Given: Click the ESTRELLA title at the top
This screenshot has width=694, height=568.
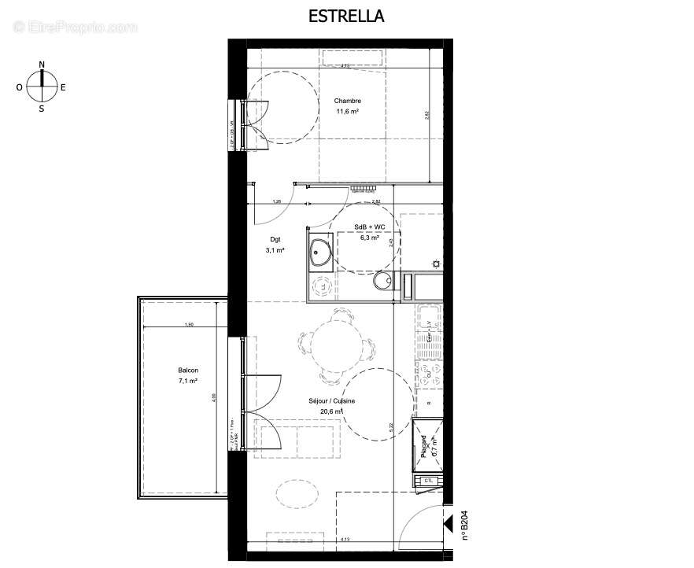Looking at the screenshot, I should coord(347,16).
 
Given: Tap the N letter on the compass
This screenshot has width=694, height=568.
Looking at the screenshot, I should coord(42,65).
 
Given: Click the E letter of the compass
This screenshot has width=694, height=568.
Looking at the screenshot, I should coord(63,87).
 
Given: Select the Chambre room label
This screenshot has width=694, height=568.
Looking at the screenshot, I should coord(347,101).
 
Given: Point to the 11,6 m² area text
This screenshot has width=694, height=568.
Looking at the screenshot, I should coord(347,111).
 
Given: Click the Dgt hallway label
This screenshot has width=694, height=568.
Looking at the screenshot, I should coord(275,239).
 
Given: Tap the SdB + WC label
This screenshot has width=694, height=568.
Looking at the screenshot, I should coord(369,227).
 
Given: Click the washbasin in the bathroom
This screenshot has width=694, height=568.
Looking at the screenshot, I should coord(320,253).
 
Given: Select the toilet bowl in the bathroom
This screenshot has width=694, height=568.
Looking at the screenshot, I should coord(383,282).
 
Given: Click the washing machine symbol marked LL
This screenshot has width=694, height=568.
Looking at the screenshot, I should coord(321,286).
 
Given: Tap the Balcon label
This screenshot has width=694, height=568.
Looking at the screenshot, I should coord(188,371).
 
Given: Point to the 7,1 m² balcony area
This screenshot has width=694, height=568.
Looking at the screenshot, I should coord(188,381).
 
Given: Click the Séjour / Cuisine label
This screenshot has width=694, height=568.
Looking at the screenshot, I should coord(331,401).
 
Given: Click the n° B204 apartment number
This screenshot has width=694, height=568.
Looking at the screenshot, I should coord(464,525).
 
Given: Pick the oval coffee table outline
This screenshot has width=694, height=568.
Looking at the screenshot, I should coord(293,493).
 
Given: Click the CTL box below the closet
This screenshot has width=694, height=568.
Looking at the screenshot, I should coord(428,480).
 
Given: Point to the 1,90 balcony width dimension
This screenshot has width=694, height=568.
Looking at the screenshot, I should coord(188,325).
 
